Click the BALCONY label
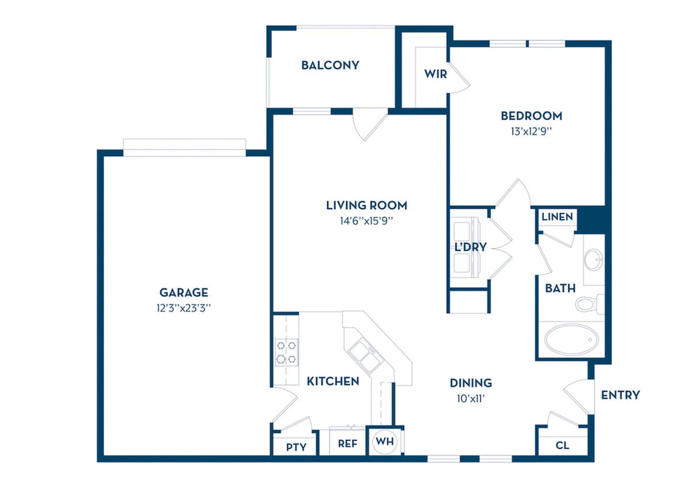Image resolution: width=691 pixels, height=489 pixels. click(330, 65)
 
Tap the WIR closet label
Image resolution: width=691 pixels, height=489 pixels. click(435, 74)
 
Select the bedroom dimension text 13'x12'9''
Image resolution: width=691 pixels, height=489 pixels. click(531, 131)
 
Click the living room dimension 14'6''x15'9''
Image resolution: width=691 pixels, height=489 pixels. click(366, 221)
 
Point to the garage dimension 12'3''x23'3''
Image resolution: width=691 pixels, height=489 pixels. click(184, 308)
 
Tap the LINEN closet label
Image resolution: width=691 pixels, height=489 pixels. click(557, 217)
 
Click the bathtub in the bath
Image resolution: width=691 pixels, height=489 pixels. click(571, 339)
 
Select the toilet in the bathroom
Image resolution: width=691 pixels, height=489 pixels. click(590, 304)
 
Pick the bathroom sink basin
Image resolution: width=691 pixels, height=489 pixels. click(594, 259)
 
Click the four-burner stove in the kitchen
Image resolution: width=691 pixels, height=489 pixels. click(287, 352)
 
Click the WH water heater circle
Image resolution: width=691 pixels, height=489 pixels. click(385, 442)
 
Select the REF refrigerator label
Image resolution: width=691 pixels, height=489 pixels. click(348, 444)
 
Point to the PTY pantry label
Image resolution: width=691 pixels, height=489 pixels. click(296, 447)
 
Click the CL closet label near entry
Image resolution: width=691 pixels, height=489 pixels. click(563, 445)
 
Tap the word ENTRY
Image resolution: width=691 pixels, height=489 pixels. click(620, 395)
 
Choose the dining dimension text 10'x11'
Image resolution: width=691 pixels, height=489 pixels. click(471, 399)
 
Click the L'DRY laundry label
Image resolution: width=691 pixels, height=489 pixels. click(471, 247)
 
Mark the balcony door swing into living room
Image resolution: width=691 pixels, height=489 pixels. click(370, 125)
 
